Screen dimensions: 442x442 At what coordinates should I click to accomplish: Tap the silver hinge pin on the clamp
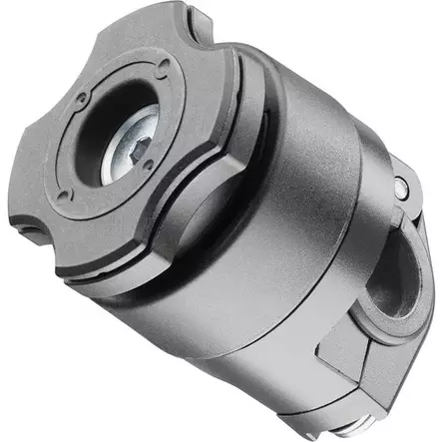click(400, 188)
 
